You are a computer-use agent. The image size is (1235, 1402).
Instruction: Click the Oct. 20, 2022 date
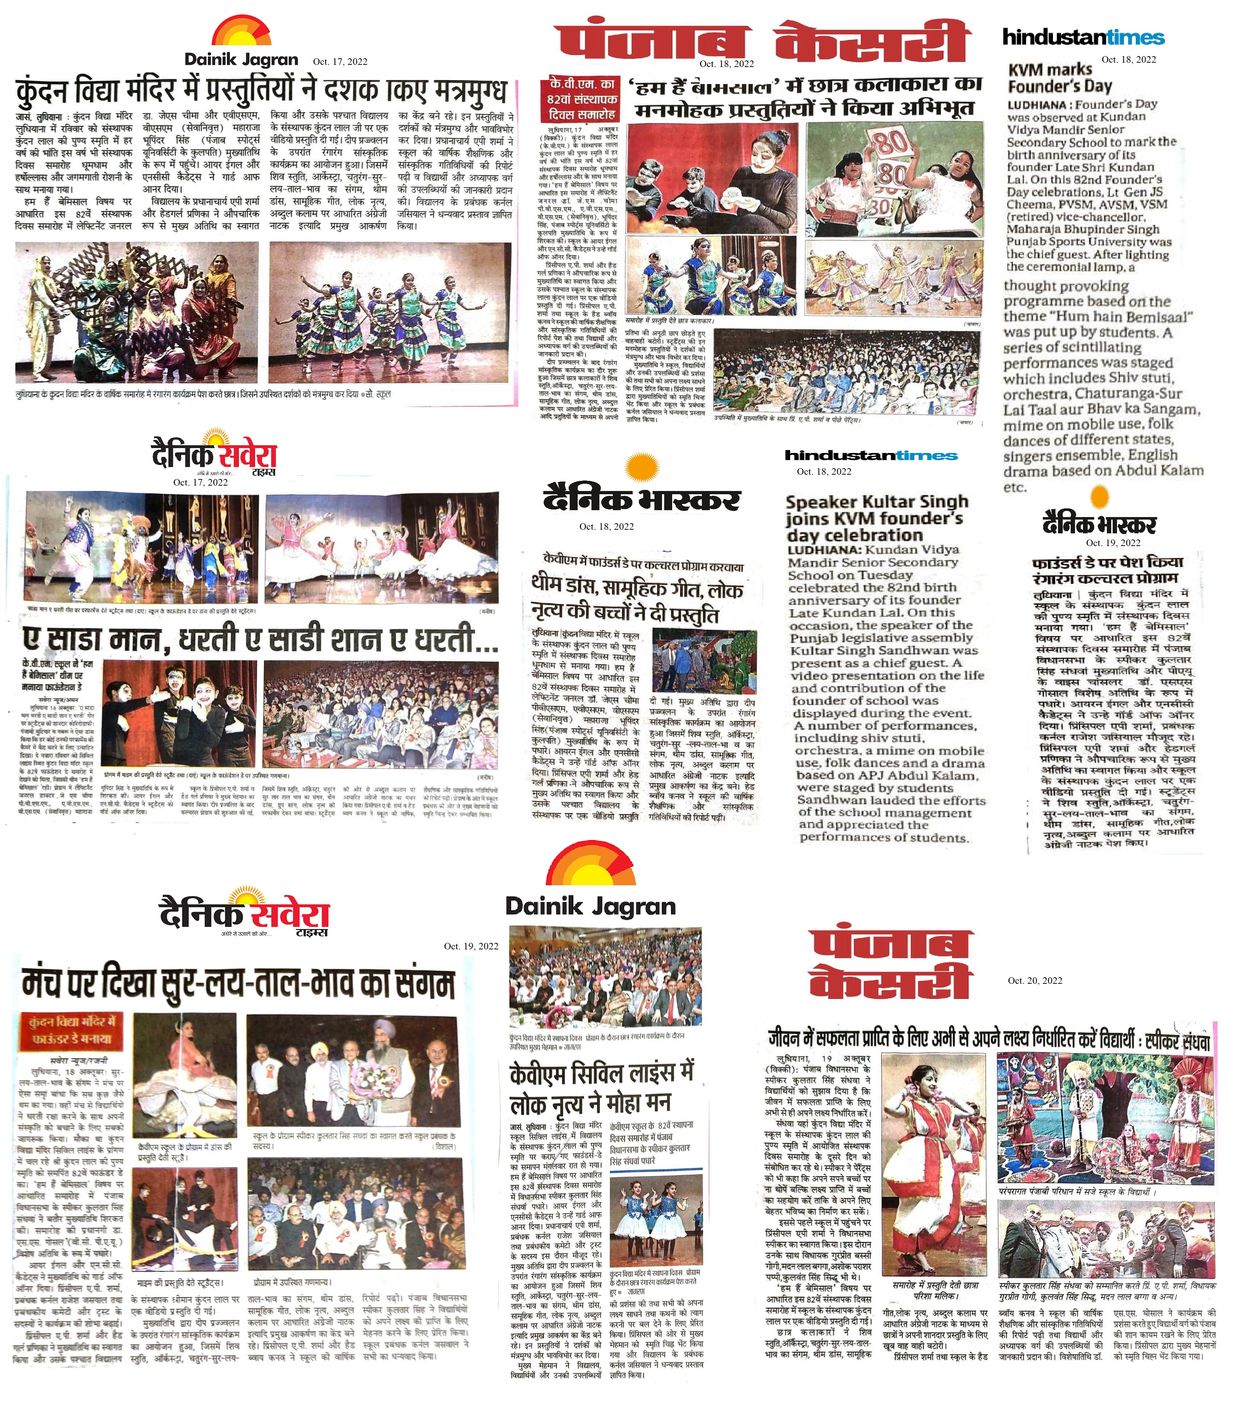[x=1035, y=980]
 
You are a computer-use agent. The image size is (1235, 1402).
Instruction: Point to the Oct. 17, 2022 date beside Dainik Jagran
[x=340, y=62]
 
